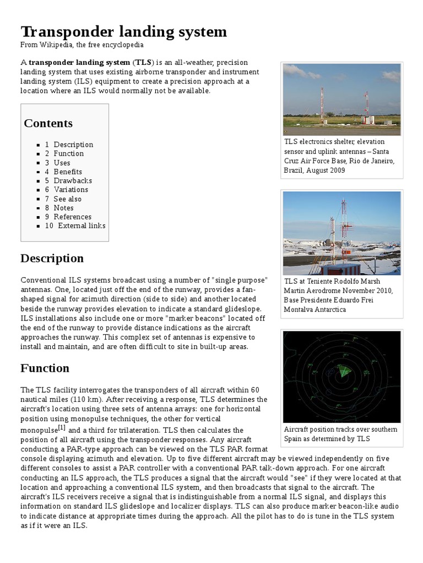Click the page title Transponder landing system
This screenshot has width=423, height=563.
pyautogui.click(x=123, y=31)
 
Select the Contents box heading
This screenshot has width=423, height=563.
pyautogui.click(x=48, y=123)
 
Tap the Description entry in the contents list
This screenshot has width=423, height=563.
pyautogui.click(x=73, y=145)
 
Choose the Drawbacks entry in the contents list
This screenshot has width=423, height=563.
pyautogui.click(x=73, y=180)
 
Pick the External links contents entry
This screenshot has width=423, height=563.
pyautogui.click(x=82, y=225)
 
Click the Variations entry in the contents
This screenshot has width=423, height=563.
pyautogui.click(x=70, y=190)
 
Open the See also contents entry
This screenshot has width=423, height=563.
pyautogui.click(x=67, y=198)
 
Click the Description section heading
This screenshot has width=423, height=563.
pyautogui.click(x=52, y=258)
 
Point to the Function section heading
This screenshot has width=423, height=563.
pyautogui.click(x=45, y=368)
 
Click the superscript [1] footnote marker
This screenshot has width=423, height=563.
pyautogui.click(x=62, y=427)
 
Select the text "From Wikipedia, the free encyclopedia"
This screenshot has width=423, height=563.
pyautogui.click(x=83, y=44)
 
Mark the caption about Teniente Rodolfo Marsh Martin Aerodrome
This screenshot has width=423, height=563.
pyautogui.click(x=339, y=295)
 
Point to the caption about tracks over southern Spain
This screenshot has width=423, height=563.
pyautogui.click(x=340, y=434)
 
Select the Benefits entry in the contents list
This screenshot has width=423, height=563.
pyautogui.click(x=68, y=172)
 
